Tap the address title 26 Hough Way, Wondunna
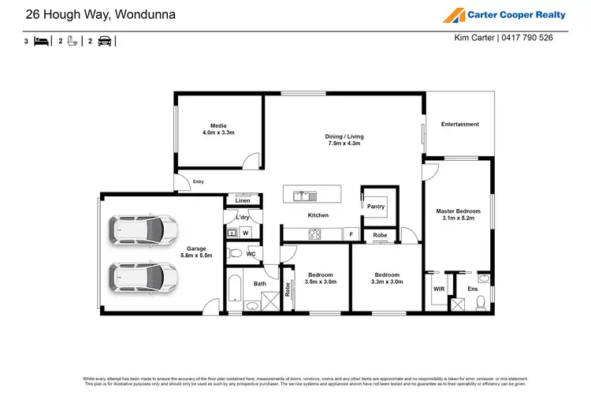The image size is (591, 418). point(101,14)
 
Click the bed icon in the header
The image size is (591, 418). point(42,41)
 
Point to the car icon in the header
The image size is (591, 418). point(105,41)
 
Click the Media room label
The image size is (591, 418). point(218,129)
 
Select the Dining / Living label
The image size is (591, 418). point(344,140)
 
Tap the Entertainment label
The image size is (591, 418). point(459,124)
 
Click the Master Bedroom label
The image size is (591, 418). point(458,215)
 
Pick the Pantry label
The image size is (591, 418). point(376,207)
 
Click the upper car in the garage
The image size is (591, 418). point(143,230)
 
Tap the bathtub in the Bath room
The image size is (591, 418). point(235,291)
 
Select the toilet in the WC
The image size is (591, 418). point(235,253)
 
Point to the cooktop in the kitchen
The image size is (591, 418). point(314,233)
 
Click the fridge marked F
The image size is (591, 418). point(351,234)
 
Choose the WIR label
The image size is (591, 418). point(439,289)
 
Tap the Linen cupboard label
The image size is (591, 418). point(243,201)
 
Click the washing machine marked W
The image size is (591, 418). point(245,233)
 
